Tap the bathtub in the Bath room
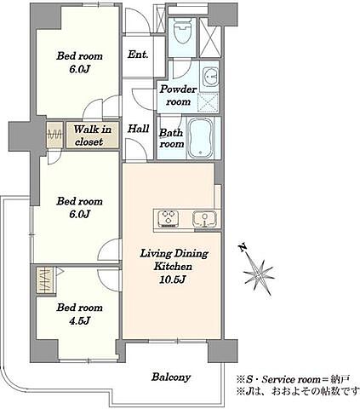click(x=201, y=138)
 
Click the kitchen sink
click(x=205, y=220)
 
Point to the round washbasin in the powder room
click(x=211, y=76)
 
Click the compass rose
click(x=259, y=275)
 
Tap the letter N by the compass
click(x=242, y=249)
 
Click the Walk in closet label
click(x=93, y=135)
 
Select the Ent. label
click(x=138, y=54)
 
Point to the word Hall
click(x=139, y=129)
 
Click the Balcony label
click(x=171, y=377)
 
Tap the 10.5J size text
click(x=173, y=280)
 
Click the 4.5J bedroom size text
click(x=79, y=321)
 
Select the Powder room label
click(x=178, y=95)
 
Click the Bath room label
click(x=172, y=138)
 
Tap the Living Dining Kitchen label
click(x=174, y=260)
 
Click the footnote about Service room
click(x=293, y=379)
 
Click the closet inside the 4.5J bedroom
click(x=46, y=280)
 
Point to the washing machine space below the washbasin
click(x=209, y=101)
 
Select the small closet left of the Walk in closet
click(x=54, y=135)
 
